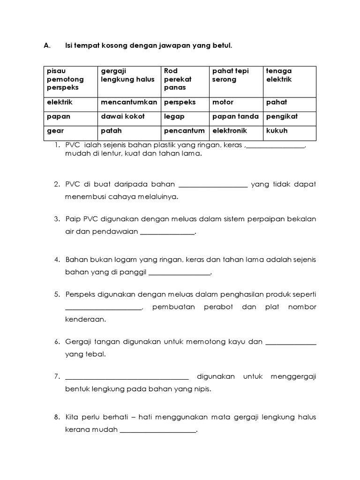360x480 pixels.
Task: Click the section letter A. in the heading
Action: pyautogui.click(x=46, y=46)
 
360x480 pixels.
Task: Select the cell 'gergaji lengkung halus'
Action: pyautogui.click(x=127, y=75)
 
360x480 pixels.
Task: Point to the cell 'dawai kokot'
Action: pyautogui.click(x=123, y=116)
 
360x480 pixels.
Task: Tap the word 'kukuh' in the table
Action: pyautogui.click(x=277, y=131)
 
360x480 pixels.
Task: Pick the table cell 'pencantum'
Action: pyautogui.click(x=184, y=131)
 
